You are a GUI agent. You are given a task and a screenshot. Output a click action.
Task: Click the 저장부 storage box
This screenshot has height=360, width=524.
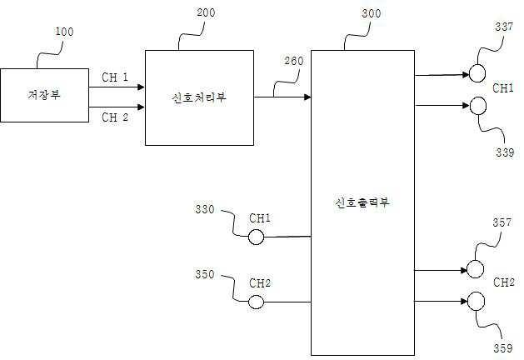click(44, 95)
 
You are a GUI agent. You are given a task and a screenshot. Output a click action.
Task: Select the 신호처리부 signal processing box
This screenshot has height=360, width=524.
click(200, 97)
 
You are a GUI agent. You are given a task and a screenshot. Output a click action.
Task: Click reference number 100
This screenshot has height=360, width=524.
click(64, 32)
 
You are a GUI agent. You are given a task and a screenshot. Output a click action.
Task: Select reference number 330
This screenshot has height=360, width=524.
click(204, 210)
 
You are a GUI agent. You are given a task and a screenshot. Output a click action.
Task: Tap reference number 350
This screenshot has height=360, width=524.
click(205, 273)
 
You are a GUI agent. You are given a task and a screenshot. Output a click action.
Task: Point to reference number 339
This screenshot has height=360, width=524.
click(504, 152)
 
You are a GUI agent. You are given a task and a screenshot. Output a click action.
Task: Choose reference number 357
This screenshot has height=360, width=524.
click(502, 223)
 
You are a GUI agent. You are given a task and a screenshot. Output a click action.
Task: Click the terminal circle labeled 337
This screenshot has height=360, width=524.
click(477, 73)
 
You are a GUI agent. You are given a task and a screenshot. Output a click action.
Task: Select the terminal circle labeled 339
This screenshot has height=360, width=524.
click(477, 105)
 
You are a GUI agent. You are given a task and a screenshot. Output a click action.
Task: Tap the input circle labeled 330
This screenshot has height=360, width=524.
click(257, 237)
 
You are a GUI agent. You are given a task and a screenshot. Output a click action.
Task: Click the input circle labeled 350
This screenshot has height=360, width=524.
click(257, 301)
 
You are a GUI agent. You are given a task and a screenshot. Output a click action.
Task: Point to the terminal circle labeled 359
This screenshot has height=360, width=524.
click(475, 301)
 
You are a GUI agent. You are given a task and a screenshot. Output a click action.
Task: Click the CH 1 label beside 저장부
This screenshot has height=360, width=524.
click(115, 77)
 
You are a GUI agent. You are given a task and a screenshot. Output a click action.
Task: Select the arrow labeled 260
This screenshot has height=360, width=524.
click(282, 97)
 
